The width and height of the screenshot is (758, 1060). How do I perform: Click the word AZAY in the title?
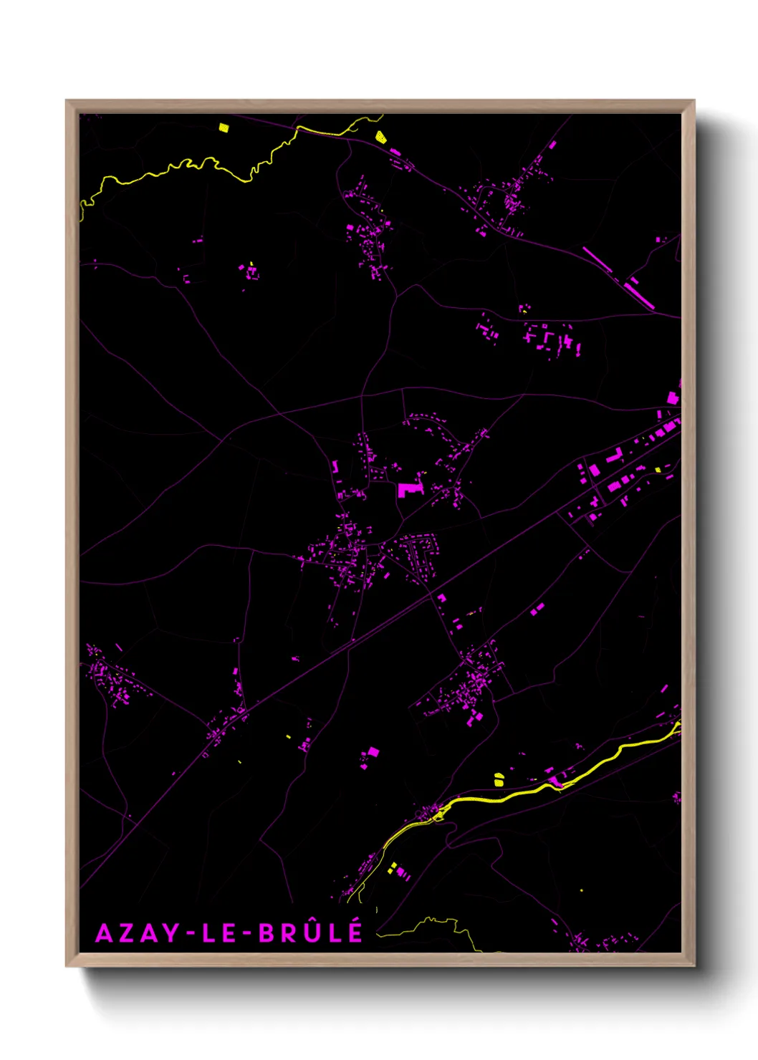point(138,933)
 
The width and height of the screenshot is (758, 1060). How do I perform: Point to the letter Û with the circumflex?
point(314,931)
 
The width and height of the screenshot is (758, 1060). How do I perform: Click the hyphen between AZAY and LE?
point(191,934)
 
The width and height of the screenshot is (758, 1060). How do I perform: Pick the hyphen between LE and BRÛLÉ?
point(246,934)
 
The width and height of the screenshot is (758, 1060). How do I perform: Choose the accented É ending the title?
point(355,931)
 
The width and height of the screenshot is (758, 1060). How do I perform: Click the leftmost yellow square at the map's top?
point(223,128)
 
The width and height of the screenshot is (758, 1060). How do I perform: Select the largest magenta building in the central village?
point(410,489)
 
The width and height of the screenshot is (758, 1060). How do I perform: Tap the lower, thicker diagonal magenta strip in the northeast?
point(638,295)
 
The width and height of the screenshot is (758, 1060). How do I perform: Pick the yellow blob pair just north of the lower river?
point(499,779)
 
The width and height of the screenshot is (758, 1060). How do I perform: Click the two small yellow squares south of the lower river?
point(392,868)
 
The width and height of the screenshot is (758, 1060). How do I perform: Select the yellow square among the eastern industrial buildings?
point(658,470)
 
